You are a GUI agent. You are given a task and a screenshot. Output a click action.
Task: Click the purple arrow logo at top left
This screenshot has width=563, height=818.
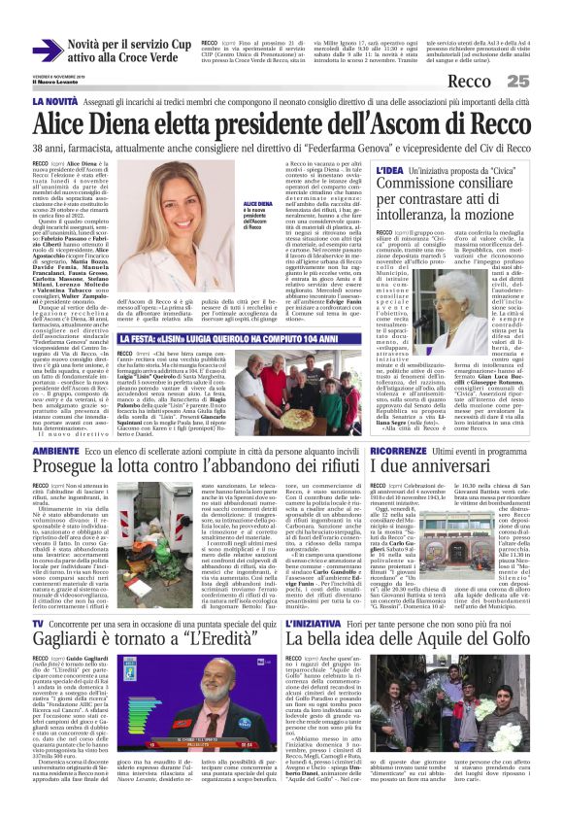(48, 50)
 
